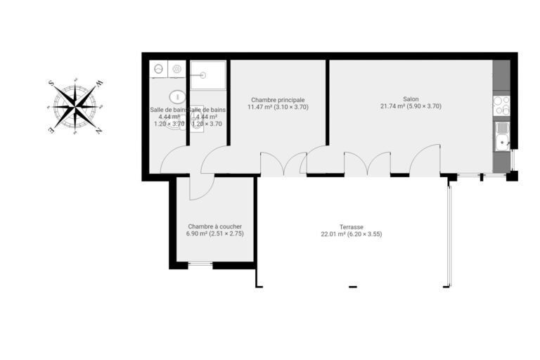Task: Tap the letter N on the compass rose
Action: click(98, 131)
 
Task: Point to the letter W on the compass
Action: click(99, 84)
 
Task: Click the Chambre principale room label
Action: click(278, 100)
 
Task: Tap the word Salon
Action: click(411, 99)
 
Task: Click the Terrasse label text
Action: click(351, 227)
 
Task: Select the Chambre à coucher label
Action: click(214, 226)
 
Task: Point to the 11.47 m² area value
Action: click(259, 107)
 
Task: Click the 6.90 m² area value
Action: click(197, 233)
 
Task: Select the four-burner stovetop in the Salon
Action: click(501, 105)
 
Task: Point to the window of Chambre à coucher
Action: click(200, 264)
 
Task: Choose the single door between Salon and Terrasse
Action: click(425, 160)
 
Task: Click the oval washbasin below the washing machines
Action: click(177, 96)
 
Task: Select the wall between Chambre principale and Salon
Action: click(328, 102)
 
